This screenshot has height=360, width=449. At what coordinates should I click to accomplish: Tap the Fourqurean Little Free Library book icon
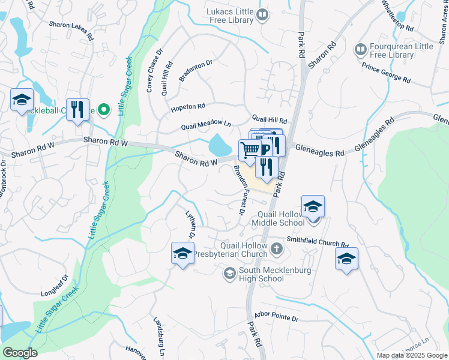pyautogui.click(x=361, y=49)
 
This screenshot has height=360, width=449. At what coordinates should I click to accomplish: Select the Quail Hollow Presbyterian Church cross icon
pyautogui.click(x=276, y=248)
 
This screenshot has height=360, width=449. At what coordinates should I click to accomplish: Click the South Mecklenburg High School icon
pyautogui.click(x=229, y=274)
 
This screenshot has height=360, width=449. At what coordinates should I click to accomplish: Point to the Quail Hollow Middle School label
pyautogui.click(x=282, y=218)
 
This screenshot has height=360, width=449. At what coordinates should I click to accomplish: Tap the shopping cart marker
pyautogui.click(x=250, y=150)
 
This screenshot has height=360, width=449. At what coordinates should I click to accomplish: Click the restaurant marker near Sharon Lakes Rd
pyautogui.click(x=77, y=110)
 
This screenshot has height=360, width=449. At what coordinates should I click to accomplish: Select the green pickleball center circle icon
pyautogui.click(x=103, y=110)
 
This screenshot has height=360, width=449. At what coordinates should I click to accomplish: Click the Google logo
pyautogui.click(x=19, y=353)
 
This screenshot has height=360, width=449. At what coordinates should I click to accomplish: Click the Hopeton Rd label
pyautogui.click(x=187, y=107)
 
